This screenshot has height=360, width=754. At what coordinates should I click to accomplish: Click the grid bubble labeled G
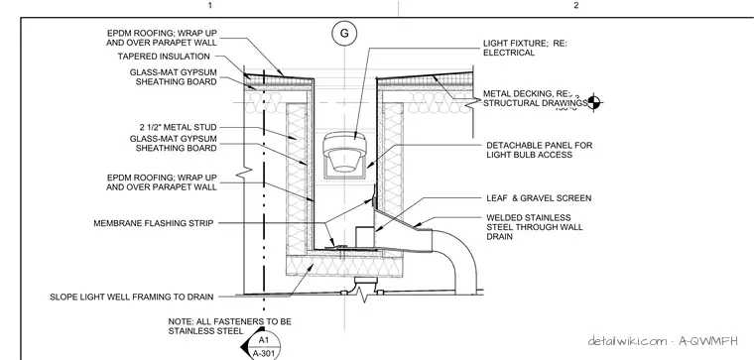pyautogui.click(x=344, y=33)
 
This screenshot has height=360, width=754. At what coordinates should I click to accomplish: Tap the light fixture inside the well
pyautogui.click(x=344, y=152)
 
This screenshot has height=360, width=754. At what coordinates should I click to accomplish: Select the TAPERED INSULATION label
pyautogui.click(x=164, y=57)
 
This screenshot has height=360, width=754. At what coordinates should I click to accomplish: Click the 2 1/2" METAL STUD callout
pyautogui.click(x=178, y=127)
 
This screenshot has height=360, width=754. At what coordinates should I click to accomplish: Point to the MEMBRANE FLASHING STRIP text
pyautogui.click(x=154, y=223)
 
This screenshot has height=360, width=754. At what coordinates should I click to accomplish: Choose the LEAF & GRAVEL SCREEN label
pyautogui.click(x=539, y=198)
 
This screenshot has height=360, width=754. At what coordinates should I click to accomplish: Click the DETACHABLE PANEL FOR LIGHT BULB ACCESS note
pyautogui.click(x=539, y=150)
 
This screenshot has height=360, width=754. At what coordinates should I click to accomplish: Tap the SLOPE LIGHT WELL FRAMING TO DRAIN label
pyautogui.click(x=132, y=298)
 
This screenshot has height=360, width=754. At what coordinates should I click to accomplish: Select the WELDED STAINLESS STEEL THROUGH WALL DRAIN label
pyautogui.click(x=534, y=227)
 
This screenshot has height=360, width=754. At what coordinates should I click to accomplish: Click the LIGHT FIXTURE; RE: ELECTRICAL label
pyautogui.click(x=525, y=48)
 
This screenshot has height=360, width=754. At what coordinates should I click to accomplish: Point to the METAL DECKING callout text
pyautogui.click(x=535, y=98)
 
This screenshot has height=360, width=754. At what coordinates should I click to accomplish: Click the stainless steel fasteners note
pyautogui.click(x=230, y=326)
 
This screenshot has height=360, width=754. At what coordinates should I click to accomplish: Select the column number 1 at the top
pyautogui.click(x=209, y=5)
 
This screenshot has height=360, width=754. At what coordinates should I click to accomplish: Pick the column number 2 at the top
pyautogui.click(x=576, y=5)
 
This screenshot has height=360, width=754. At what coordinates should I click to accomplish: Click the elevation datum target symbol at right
pyautogui.click(x=593, y=102)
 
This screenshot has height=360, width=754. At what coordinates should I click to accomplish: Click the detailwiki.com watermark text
pyautogui.click(x=663, y=341)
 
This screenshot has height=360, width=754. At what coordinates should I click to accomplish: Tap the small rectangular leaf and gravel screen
pyautogui.click(x=364, y=236)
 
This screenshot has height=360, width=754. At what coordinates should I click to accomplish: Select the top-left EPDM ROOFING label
pyautogui.click(x=162, y=38)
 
